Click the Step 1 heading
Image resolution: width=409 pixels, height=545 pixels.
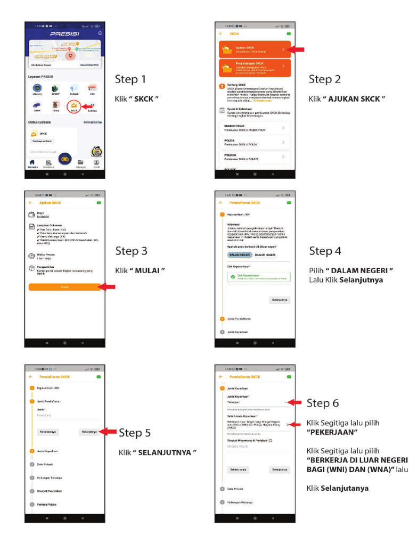tap(130, 80)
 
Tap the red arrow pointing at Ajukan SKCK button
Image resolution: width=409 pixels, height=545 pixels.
tap(296, 49)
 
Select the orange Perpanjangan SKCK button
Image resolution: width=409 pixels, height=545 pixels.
tap(255, 68)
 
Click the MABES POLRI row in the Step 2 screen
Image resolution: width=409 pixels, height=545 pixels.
tap(255, 128)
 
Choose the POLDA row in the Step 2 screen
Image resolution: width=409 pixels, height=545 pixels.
tap(255, 143)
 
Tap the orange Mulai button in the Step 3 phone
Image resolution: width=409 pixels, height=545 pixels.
tap(64, 287)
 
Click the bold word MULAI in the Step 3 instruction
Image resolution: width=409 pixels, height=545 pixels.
tap(149, 270)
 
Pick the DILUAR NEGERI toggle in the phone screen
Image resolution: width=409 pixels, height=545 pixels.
tap(265, 255)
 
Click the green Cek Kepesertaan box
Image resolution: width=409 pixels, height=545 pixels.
tap(255, 277)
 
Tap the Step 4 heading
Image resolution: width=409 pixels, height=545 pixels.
tap(325, 251)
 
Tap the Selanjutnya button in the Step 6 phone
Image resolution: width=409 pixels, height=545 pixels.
tap(280, 470)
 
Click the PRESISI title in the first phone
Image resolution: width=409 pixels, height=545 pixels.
tap(64, 34)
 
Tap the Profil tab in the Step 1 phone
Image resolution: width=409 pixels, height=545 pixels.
tap(96, 164)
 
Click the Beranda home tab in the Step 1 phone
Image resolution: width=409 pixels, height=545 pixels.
tap(32, 164)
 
